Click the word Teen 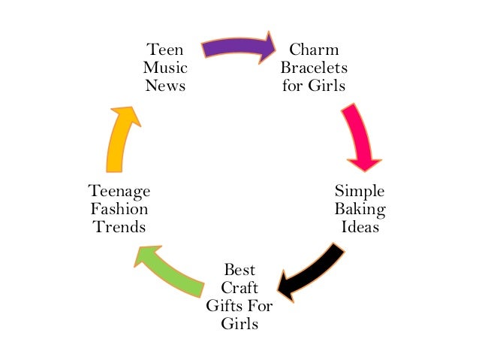click(164, 50)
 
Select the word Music click(164, 68)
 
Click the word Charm click(314, 50)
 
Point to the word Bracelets click(314, 68)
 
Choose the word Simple click(360, 191)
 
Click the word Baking click(360, 208)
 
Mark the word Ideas click(360, 225)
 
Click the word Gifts click(223, 306)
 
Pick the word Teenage click(119, 191)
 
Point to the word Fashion click(119, 208)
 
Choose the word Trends click(119, 225)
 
